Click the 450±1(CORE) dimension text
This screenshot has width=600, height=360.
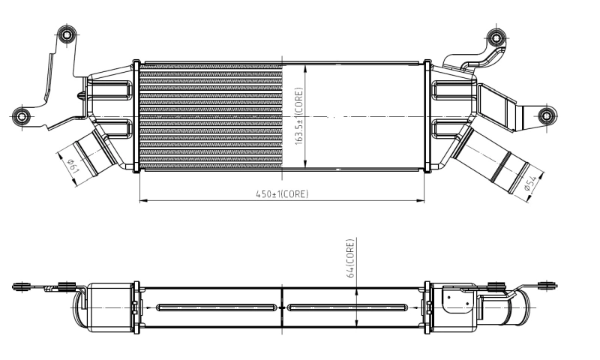click(x=282, y=193)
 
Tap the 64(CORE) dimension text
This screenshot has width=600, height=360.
click(x=350, y=259)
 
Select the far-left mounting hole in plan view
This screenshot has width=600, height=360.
click(x=21, y=116)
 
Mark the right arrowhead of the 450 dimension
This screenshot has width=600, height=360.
click(x=421, y=201)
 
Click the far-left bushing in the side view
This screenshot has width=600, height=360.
click(x=22, y=286)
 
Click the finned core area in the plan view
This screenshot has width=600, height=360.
click(x=210, y=117)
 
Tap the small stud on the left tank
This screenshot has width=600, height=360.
click(x=81, y=96)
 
